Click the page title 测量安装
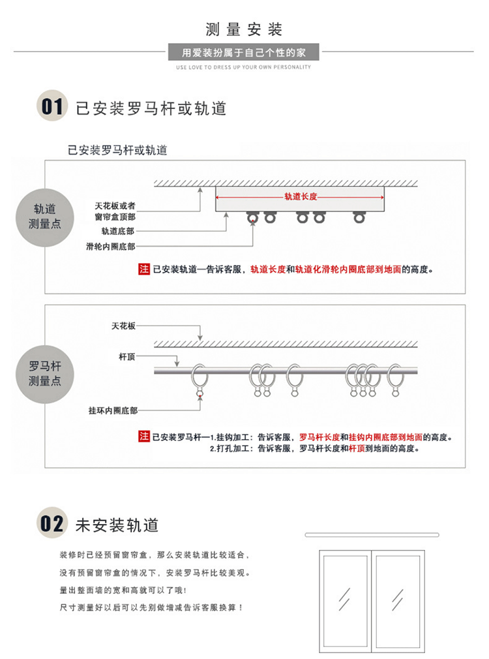[x=244, y=29]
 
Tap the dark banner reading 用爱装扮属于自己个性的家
[x=244, y=52]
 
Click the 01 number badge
[x=52, y=106]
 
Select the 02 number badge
[x=52, y=523]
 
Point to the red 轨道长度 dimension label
[x=301, y=196]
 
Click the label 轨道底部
[x=118, y=231]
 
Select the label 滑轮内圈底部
[x=111, y=247]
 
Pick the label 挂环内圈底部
[x=113, y=411]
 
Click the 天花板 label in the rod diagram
[x=123, y=325]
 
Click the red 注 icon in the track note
[x=144, y=268]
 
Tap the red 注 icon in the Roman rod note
[x=144, y=437]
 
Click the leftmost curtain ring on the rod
[x=200, y=378]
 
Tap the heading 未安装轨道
[x=117, y=525]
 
